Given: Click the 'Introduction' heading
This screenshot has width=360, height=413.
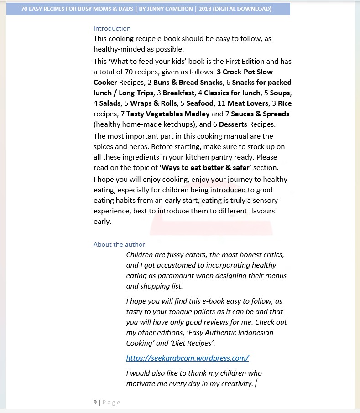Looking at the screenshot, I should pyautogui.click(x=112, y=28).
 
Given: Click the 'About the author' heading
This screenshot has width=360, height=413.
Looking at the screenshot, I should pyautogui.click(x=119, y=244).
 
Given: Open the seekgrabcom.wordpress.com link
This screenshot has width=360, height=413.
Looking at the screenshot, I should pyautogui.click(x=187, y=358).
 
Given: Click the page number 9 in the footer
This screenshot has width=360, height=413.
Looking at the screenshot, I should pyautogui.click(x=95, y=402).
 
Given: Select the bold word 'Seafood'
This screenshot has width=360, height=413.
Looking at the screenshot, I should pyautogui.click(x=200, y=103).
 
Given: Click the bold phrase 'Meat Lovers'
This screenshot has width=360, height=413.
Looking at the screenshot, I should pyautogui.click(x=248, y=103).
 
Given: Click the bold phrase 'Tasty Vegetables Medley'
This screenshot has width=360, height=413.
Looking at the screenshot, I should pyautogui.click(x=167, y=114).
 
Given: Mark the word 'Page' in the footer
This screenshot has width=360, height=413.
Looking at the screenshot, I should pyautogui.click(x=111, y=402).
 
